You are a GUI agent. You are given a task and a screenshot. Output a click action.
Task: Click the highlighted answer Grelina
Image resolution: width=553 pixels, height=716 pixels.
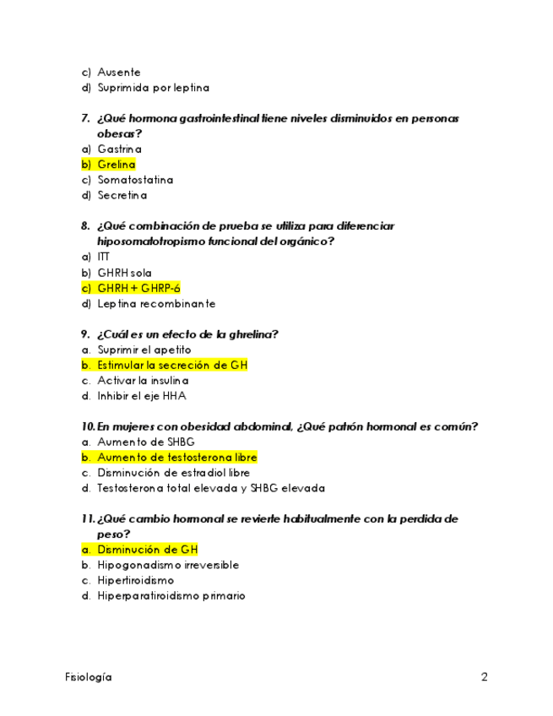116,165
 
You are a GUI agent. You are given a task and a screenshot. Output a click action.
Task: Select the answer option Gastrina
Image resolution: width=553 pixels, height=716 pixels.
119,149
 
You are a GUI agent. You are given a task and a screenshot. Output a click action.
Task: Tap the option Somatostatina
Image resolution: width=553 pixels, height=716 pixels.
135,180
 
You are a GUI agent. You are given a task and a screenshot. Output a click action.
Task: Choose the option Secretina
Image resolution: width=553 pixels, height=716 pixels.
122,196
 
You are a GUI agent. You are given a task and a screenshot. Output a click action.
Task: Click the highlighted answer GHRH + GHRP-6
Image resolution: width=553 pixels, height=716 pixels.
138,288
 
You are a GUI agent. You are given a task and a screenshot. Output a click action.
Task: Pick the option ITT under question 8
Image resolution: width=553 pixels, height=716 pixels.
103,257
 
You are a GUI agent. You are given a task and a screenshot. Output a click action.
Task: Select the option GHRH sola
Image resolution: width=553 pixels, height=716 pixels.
124,273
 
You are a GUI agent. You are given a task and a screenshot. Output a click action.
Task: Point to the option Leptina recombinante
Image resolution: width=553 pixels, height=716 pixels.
156,304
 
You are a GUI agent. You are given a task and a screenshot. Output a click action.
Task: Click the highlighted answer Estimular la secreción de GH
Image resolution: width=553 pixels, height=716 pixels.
171,366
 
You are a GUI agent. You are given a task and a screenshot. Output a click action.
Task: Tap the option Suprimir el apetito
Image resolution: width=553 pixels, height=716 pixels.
144,350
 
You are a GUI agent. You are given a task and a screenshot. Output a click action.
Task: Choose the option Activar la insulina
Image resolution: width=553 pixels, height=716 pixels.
143,381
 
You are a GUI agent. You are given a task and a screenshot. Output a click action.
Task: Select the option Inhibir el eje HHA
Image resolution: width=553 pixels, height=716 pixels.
141,396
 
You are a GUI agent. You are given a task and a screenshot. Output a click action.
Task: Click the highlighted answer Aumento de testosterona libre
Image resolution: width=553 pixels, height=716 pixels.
176,458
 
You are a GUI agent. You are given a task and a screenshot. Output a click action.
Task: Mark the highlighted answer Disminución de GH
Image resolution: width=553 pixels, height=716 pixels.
147,550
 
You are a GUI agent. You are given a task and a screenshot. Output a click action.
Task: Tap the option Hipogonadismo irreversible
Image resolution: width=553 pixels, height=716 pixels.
167,565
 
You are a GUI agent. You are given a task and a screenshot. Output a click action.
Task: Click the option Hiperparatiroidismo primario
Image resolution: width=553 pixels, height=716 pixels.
171,596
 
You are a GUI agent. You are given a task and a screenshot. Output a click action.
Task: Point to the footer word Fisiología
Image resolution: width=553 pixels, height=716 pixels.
89,677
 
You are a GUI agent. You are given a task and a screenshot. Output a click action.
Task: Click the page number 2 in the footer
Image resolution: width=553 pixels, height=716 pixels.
485,677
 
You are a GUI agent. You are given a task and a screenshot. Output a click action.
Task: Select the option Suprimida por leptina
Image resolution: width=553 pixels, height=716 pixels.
153,88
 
